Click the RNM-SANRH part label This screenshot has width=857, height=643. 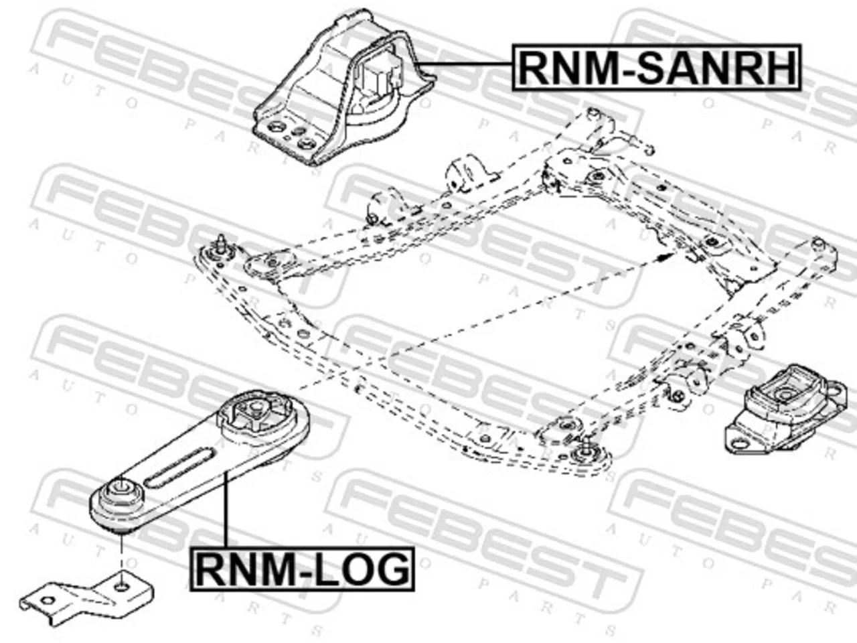click(656, 68)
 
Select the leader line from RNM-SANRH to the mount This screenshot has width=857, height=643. click(463, 63)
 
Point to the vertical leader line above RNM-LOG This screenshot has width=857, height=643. click(225, 510)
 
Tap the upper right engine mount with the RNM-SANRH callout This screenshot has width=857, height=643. click(343, 90)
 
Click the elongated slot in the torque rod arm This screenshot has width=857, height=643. click(180, 468)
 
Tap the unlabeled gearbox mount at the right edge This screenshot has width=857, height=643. click(785, 409)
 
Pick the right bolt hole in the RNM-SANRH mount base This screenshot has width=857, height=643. click(306, 145)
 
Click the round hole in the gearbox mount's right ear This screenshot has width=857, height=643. click(835, 390)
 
